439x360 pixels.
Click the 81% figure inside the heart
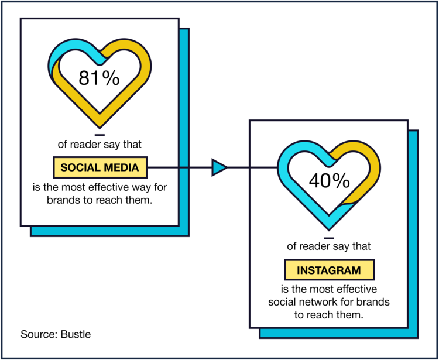pyautogui.click(x=99, y=78)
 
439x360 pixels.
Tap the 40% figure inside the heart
pyautogui.click(x=329, y=180)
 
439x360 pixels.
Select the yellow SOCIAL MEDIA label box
pyautogui.click(x=100, y=167)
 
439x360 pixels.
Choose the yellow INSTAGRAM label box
pyautogui.click(x=329, y=270)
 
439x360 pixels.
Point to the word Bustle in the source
pyautogui.click(x=76, y=334)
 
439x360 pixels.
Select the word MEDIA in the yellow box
pyautogui.click(x=121, y=167)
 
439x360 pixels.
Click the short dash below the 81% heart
pyautogui.click(x=100, y=135)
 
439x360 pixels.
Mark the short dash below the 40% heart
pyautogui.click(x=329, y=238)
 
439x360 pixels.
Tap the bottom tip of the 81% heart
pyautogui.click(x=100, y=128)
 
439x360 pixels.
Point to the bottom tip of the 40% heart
pyautogui.click(x=329, y=230)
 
